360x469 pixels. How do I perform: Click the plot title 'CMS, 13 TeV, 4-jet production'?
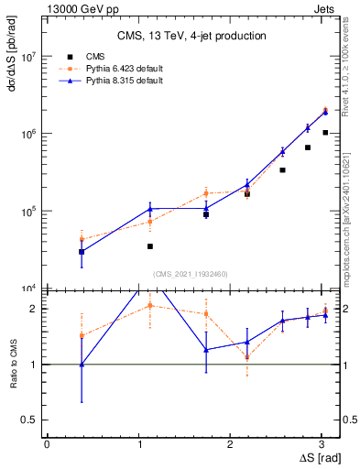(191, 37)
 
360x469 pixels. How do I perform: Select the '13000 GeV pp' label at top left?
(82, 8)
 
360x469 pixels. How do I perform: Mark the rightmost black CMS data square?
(325, 133)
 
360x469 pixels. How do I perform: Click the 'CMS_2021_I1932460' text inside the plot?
(190, 274)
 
